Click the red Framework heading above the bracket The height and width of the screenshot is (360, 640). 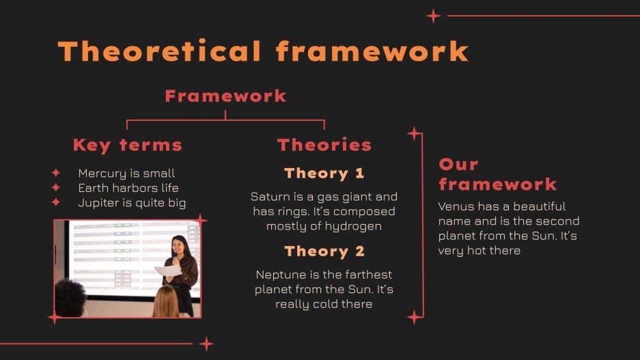(x=225, y=96)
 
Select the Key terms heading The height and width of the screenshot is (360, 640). (x=128, y=145)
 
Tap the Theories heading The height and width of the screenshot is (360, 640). (x=324, y=145)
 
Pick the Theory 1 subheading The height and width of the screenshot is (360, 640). (x=324, y=174)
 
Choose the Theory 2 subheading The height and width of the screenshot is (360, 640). (x=324, y=251)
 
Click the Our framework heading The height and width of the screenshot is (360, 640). (x=497, y=174)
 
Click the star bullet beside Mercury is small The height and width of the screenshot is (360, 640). (x=56, y=174)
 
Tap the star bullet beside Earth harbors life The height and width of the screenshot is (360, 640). (x=56, y=188)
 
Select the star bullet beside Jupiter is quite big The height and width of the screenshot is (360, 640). (x=56, y=203)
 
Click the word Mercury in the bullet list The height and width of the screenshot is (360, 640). (x=100, y=174)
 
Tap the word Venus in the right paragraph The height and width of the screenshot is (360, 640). (x=454, y=206)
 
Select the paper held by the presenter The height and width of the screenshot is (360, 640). (x=168, y=271)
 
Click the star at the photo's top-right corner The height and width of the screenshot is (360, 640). (x=200, y=220)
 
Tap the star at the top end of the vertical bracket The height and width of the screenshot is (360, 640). (x=414, y=133)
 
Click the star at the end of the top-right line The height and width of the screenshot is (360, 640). (x=433, y=16)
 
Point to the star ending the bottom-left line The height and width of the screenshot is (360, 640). (x=206, y=344)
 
